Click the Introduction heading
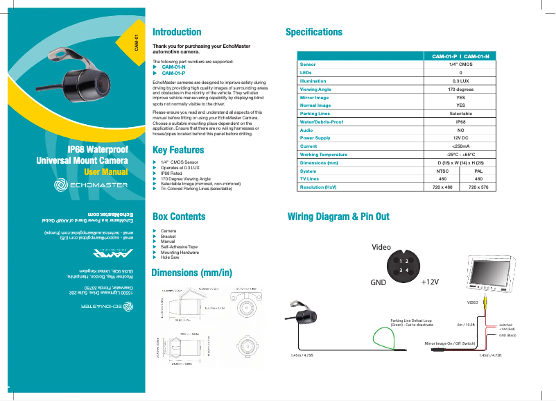(177, 32)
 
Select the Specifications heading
(314, 32)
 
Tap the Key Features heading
(177, 150)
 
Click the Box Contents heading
(178, 216)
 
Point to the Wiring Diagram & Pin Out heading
(338, 216)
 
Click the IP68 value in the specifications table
(460, 121)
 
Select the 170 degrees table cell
(460, 89)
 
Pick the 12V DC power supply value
(460, 138)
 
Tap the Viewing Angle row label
(315, 89)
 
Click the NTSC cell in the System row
(442, 171)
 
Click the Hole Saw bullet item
(170, 257)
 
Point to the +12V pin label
(431, 282)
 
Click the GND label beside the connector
(378, 282)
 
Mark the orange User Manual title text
(105, 171)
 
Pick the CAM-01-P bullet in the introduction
(173, 73)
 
